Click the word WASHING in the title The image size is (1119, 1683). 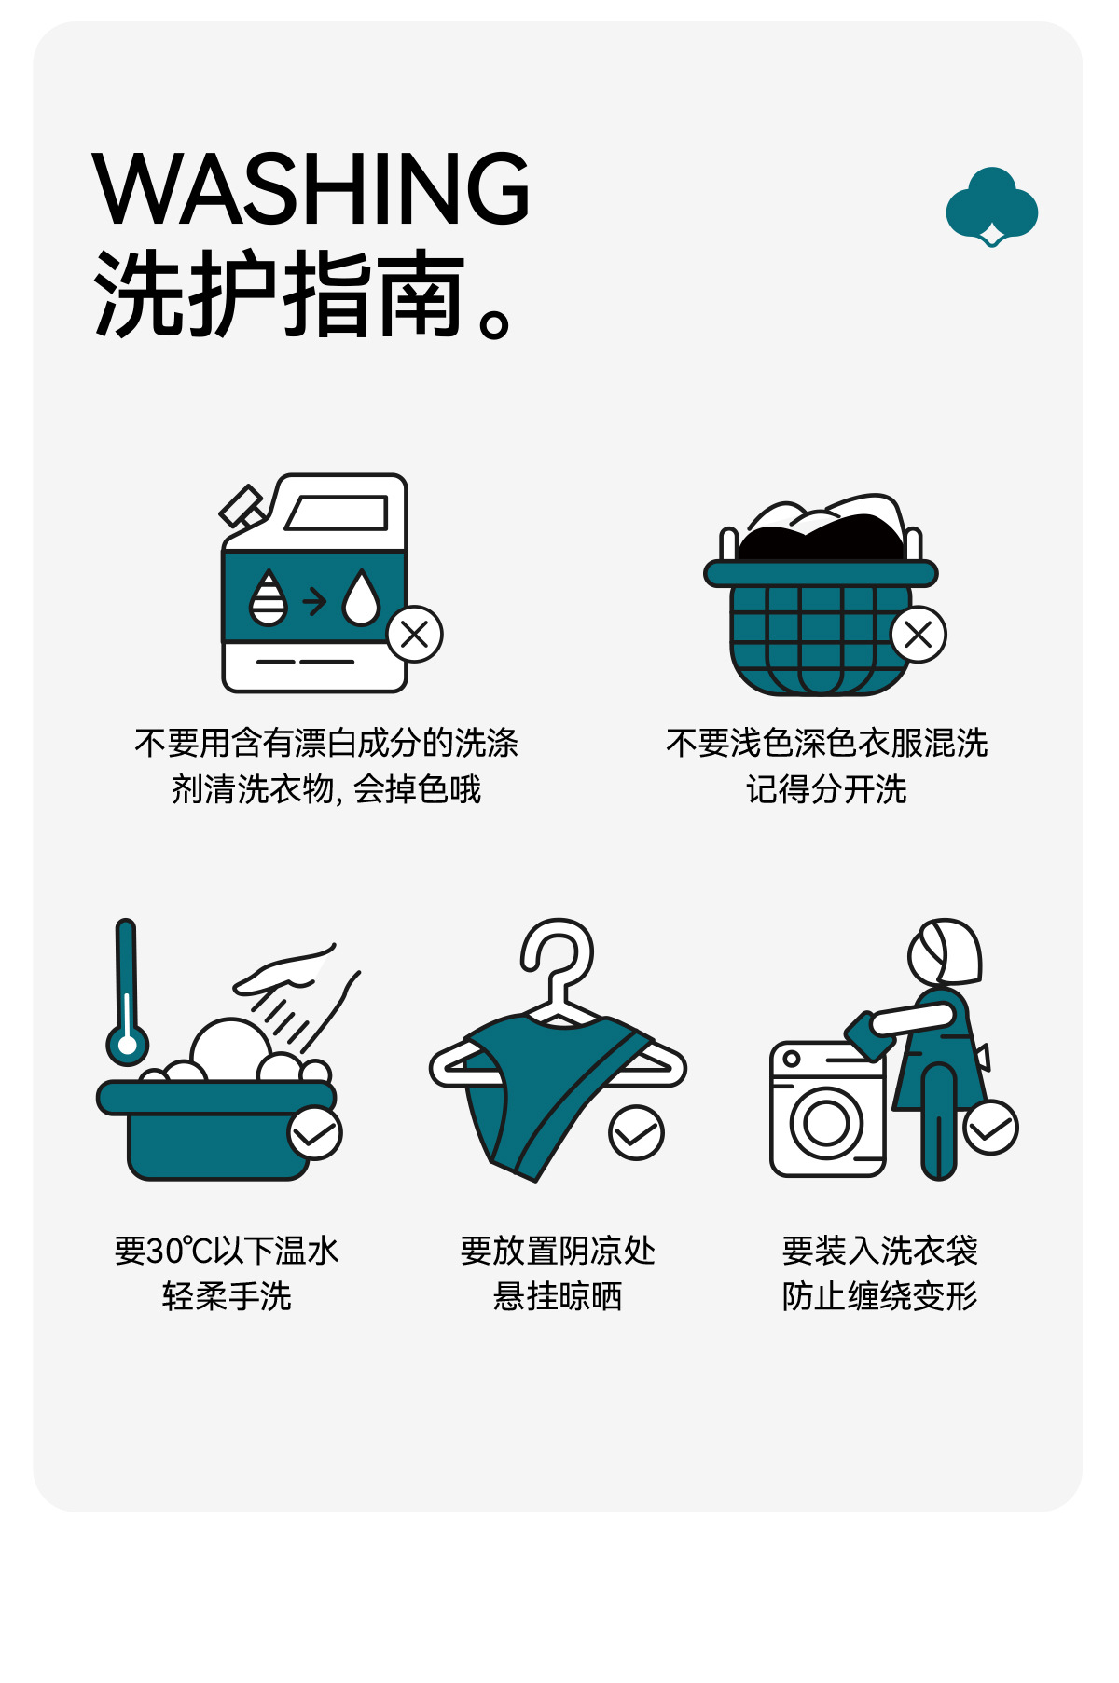tap(311, 188)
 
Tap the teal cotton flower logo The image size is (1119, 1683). tap(991, 207)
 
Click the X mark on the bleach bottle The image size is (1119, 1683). tap(415, 635)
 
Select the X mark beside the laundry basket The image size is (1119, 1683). tap(919, 635)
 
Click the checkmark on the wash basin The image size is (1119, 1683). tap(315, 1133)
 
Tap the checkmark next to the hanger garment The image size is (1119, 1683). tap(636, 1133)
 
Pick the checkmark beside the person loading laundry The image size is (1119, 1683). tap(990, 1128)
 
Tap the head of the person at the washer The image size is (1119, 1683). tap(945, 951)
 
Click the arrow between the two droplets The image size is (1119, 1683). tap(315, 601)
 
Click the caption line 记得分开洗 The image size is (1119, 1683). tap(826, 789)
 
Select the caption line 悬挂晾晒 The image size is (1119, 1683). tap(558, 1296)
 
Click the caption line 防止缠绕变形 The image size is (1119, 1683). tap(879, 1296)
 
